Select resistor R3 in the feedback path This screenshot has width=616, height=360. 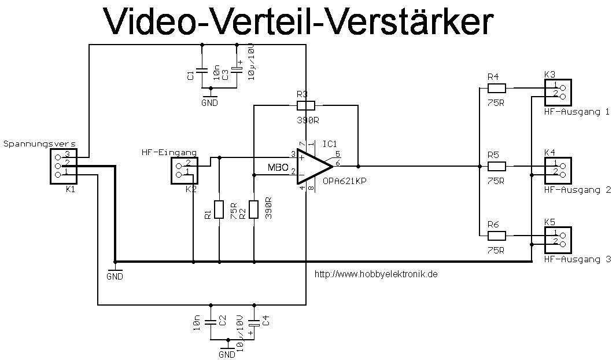coord(305,105)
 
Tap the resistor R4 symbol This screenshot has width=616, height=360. coord(497,89)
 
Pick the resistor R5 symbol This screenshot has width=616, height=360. coord(497,166)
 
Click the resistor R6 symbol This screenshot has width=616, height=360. coord(497,235)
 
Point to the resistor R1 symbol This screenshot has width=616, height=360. coord(219,209)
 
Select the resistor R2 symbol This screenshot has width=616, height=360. coord(254,209)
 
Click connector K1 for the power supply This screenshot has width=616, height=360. coord(62,166)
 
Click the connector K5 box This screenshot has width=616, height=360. coord(558,239)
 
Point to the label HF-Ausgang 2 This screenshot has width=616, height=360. coord(577,189)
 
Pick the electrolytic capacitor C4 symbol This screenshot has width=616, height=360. coord(253,324)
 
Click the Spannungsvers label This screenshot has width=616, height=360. coord(39,143)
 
